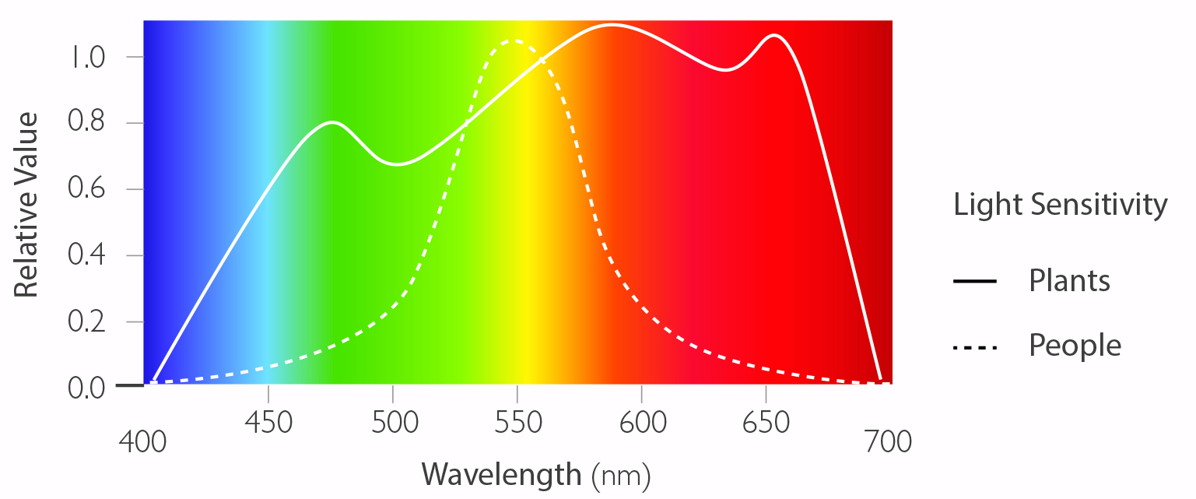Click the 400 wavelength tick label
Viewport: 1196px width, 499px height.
pyautogui.click(x=142, y=441)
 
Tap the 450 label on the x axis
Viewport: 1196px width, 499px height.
pyautogui.click(x=268, y=423)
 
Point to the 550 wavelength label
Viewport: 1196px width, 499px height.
pyautogui.click(x=517, y=423)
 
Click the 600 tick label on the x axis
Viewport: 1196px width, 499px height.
pyautogui.click(x=642, y=423)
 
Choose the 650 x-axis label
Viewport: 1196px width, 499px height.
pyautogui.click(x=766, y=423)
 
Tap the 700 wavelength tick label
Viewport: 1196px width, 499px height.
pyautogui.click(x=888, y=441)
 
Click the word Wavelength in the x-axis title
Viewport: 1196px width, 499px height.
pyautogui.click(x=501, y=473)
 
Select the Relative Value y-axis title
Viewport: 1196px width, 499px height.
pyautogui.click(x=27, y=205)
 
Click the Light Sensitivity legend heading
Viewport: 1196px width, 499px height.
pyautogui.click(x=1061, y=205)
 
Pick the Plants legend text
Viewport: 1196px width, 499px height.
pyautogui.click(x=1069, y=280)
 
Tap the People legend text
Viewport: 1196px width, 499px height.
pyautogui.click(x=1075, y=345)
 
